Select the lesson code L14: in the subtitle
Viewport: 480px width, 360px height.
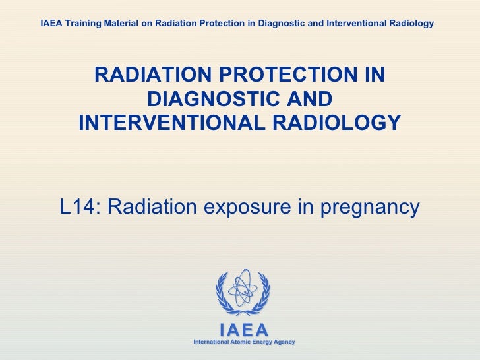(x=79, y=207)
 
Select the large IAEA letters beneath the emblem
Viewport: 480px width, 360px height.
(x=243, y=330)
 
